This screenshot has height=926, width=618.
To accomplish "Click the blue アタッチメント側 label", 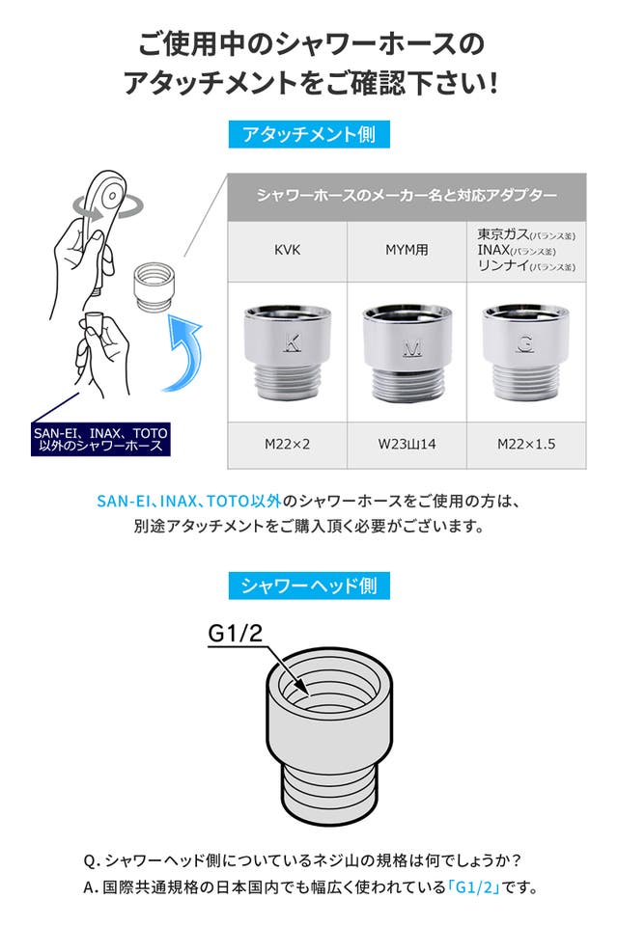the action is click(309, 134).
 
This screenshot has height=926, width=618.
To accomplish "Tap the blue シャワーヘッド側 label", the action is click(309, 586).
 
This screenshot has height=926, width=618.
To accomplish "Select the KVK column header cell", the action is click(288, 251).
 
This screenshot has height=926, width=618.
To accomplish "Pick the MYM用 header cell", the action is click(407, 251).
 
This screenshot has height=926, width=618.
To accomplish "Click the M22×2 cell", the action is click(288, 444).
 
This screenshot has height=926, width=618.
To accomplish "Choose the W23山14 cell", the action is click(407, 444).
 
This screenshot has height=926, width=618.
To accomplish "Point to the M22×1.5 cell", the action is click(526, 444).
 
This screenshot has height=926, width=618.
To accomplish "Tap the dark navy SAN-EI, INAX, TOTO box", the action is click(100, 440).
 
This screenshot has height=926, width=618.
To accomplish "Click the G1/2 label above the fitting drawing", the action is click(235, 633).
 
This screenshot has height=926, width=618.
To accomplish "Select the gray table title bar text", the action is click(407, 196).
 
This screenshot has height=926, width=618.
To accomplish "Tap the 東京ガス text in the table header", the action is click(503, 234).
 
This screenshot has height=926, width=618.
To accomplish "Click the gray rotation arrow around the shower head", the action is click(107, 206).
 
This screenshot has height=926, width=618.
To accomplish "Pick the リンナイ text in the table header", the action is click(503, 266).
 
